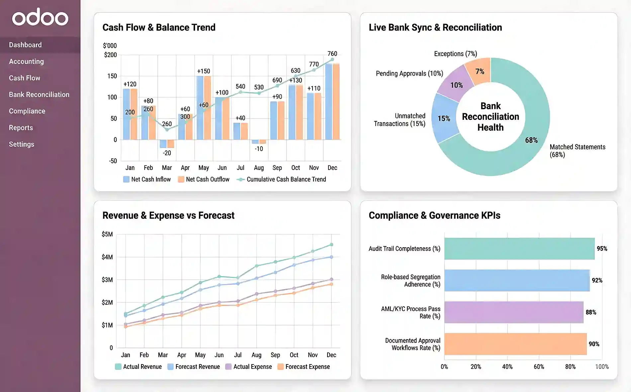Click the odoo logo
[40, 17]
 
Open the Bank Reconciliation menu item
[39, 95]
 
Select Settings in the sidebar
[22, 144]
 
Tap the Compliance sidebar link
[27, 111]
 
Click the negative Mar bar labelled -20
[167, 144]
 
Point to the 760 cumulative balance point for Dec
[332, 60]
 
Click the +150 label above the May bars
[204, 71]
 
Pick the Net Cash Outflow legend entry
[204, 180]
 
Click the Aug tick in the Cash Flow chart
[259, 168]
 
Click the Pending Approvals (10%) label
[409, 74]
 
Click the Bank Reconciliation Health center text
[491, 117]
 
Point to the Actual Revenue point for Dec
[331, 245]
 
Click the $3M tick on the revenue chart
[107, 280]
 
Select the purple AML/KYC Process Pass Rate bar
[514, 312]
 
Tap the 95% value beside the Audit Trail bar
[602, 249]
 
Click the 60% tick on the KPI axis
[539, 367]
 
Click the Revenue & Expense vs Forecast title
[168, 216]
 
